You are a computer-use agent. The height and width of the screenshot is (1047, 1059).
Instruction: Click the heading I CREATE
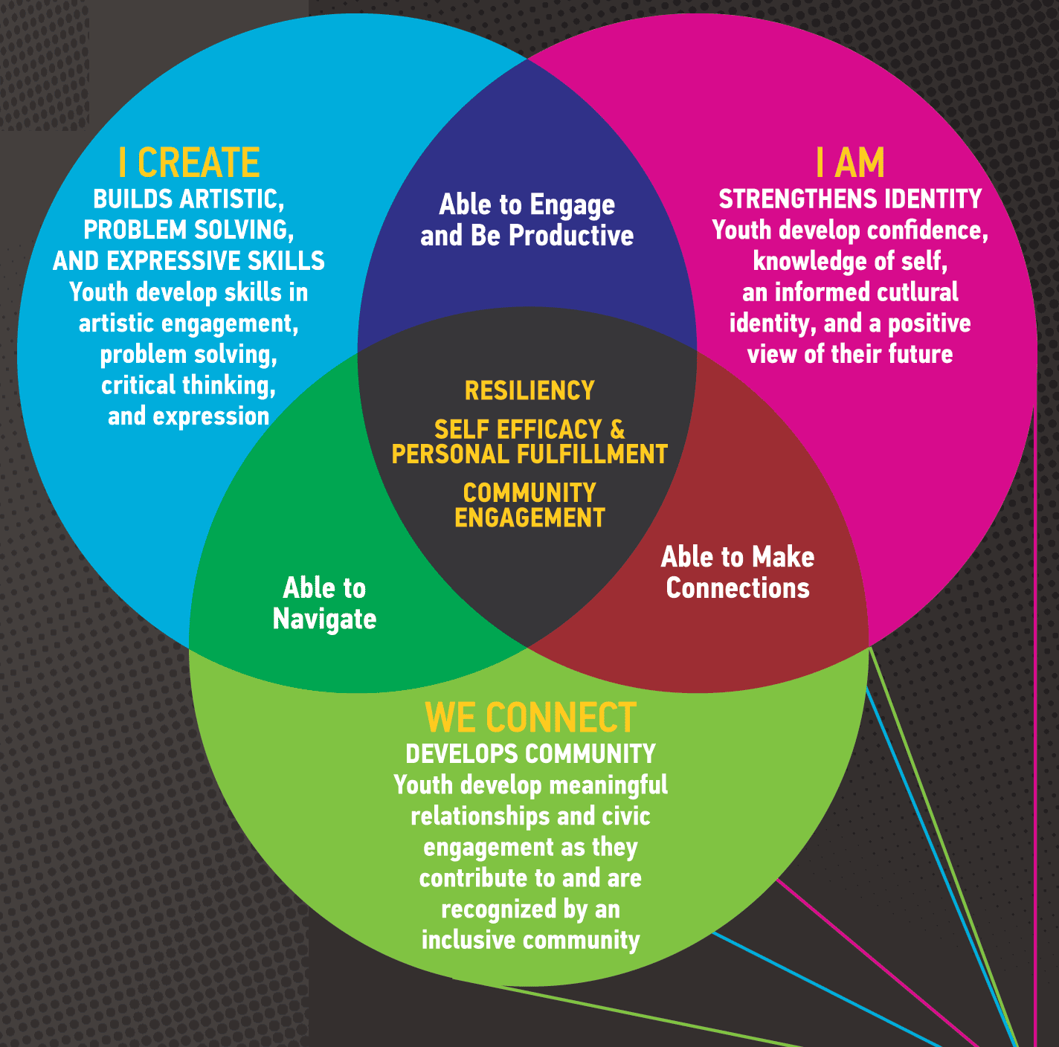click(x=189, y=163)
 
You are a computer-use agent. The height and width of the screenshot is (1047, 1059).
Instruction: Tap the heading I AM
click(x=850, y=163)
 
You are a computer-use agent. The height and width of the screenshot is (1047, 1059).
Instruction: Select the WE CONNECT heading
click(x=530, y=718)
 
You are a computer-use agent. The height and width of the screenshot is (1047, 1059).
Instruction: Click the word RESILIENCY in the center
click(x=529, y=390)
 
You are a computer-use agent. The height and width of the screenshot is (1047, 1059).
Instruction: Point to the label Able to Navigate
click(x=324, y=604)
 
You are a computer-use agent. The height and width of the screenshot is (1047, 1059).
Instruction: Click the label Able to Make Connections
click(x=738, y=573)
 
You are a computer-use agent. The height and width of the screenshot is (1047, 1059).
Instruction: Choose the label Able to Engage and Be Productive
click(x=527, y=220)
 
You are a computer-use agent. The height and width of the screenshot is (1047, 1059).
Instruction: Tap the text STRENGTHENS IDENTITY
click(x=850, y=199)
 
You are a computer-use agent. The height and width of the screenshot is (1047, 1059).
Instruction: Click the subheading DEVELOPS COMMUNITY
click(x=530, y=754)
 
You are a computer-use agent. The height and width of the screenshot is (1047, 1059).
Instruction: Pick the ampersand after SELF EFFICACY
click(x=617, y=430)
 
